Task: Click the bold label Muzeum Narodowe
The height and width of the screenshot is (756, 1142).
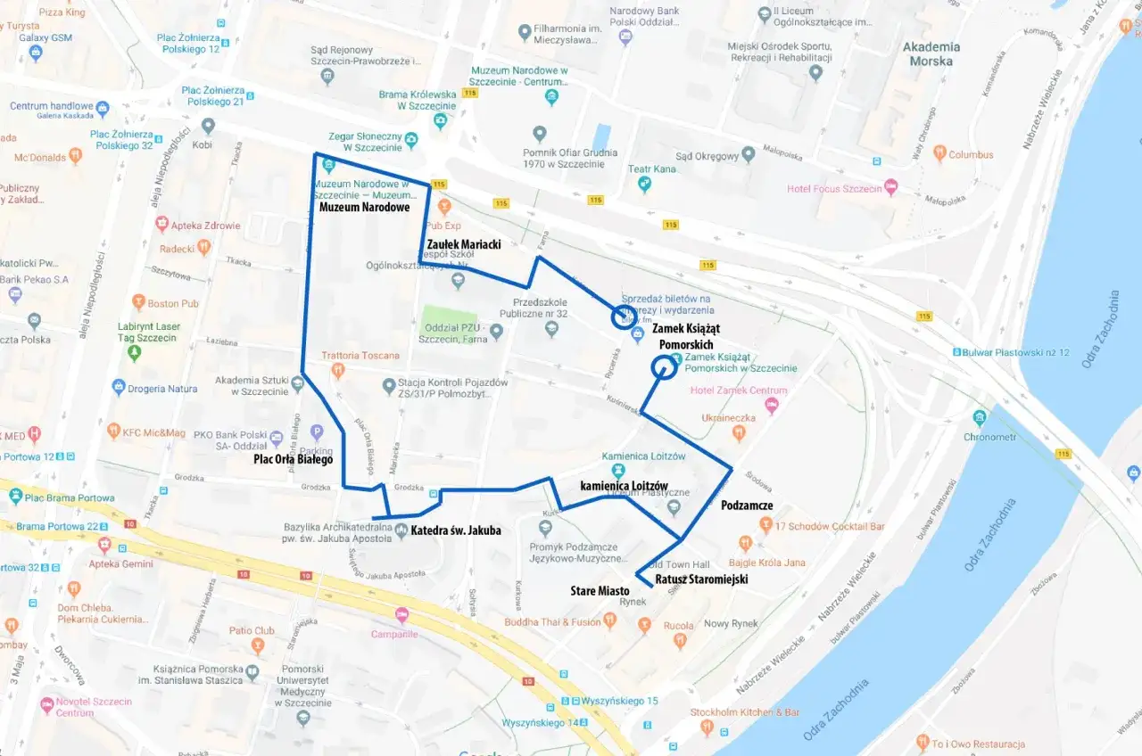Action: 364,208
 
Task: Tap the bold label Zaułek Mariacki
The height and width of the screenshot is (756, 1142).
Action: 463,244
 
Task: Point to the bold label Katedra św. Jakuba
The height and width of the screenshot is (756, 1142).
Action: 455,531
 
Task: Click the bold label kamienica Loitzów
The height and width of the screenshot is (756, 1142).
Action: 624,486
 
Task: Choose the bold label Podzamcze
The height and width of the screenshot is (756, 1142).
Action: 746,505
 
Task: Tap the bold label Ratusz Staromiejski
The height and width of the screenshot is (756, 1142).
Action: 700,579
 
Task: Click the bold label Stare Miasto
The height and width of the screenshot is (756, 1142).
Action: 600,591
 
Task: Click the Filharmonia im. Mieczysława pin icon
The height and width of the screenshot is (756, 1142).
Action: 525,34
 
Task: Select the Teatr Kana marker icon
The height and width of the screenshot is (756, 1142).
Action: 645,185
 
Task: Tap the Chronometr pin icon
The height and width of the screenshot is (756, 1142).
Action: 981,417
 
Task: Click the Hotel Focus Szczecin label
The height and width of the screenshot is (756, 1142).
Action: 834,189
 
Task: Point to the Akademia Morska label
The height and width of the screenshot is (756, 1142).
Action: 931,54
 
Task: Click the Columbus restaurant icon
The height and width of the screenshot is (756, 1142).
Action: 939,154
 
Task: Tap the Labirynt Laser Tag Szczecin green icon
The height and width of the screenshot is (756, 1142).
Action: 135,353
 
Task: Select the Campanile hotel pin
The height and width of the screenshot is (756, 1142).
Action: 401,615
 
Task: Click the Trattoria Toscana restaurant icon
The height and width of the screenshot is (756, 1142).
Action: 337,369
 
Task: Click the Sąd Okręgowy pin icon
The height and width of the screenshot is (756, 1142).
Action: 749,155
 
